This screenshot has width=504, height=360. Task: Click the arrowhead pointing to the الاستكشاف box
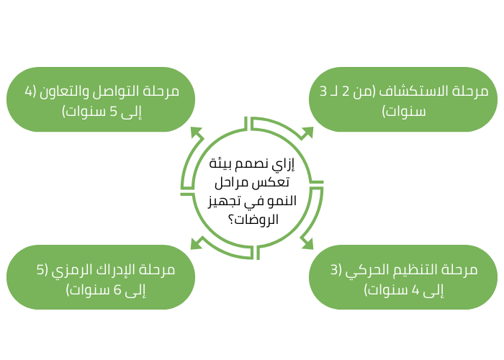[308, 132]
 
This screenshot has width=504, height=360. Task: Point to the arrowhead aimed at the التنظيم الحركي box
[307, 243]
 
